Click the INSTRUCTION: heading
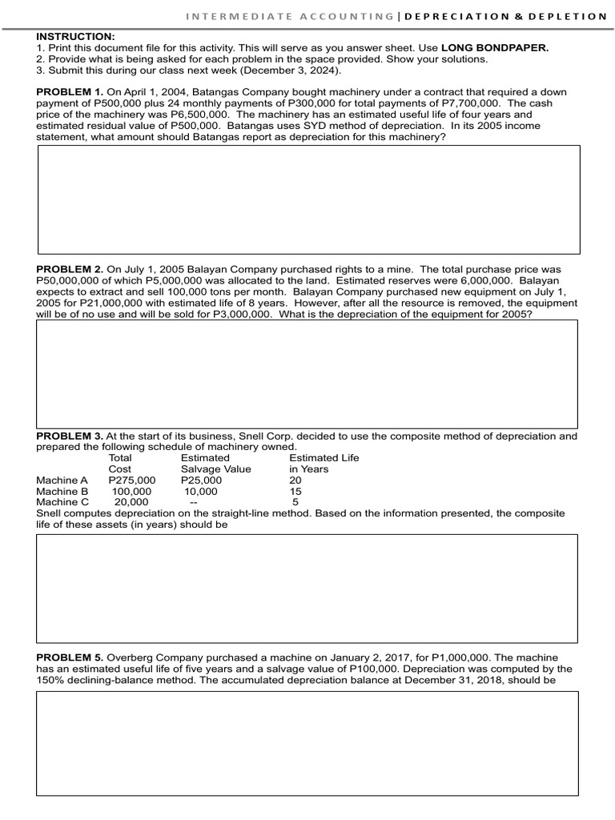click(75, 37)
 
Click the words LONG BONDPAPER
click(495, 48)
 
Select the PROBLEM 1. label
click(70, 92)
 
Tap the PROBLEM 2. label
click(70, 270)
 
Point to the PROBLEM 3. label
click(70, 436)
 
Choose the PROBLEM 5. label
click(70, 657)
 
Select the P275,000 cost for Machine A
click(131, 480)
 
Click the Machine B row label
click(62, 492)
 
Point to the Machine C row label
click(62, 503)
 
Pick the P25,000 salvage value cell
click(201, 480)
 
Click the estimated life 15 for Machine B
click(295, 492)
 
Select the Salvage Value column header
click(215, 469)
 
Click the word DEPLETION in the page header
click(572, 17)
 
